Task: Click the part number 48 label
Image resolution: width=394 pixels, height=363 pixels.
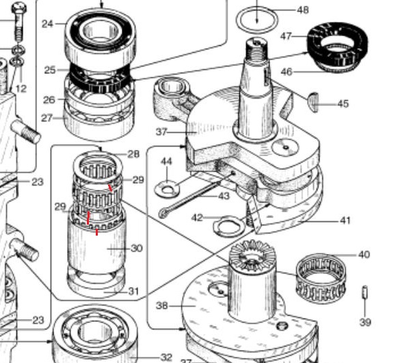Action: tap(302, 10)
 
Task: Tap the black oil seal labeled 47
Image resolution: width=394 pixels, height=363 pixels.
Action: tap(337, 45)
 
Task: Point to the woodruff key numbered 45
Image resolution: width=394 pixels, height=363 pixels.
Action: tap(313, 102)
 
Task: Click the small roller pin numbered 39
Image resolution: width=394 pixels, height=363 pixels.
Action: tap(365, 292)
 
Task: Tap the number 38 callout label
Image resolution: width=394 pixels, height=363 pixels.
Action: tap(161, 306)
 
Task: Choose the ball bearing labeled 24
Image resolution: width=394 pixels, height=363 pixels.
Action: tap(101, 38)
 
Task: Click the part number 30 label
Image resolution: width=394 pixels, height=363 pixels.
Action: tap(137, 249)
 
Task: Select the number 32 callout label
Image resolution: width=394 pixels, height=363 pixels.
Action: tap(166, 357)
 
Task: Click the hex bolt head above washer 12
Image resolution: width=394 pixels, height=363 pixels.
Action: tap(19, 8)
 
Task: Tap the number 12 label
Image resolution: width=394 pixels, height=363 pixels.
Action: tap(21, 88)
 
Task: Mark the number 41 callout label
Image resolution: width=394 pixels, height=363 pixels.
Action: tap(345, 221)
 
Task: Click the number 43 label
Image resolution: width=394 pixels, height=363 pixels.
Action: tap(224, 196)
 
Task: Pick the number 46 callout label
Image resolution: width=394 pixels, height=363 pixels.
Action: tap(287, 72)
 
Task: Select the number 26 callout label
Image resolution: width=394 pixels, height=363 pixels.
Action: tap(49, 100)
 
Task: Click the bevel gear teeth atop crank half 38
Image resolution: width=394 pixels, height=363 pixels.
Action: tap(252, 254)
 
